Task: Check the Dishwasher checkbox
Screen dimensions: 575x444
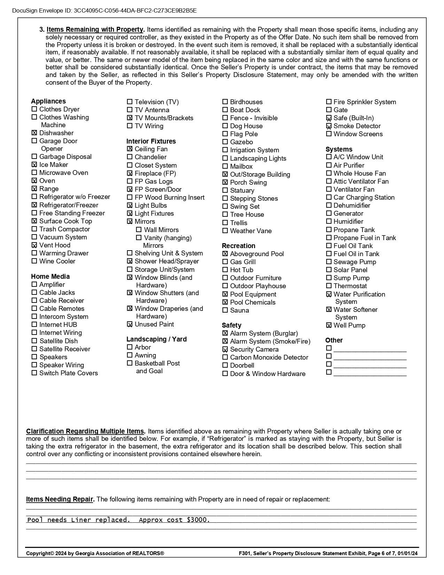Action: point(34,133)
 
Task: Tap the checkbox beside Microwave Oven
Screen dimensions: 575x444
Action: point(34,172)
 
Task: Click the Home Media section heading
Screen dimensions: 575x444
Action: point(50,276)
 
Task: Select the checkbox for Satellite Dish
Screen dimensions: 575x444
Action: point(34,341)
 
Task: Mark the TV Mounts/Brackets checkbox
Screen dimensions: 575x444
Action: point(130,118)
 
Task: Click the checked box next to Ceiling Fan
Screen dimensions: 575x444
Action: point(130,149)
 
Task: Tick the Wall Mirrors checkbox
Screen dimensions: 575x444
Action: point(139,230)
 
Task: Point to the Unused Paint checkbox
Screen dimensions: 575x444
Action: point(130,324)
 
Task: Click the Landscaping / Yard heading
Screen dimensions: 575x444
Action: point(156,339)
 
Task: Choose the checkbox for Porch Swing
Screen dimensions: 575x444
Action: point(225,182)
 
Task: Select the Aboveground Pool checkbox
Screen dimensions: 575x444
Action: point(225,254)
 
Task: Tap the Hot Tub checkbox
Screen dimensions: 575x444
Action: point(225,270)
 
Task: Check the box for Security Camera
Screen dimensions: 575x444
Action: point(225,349)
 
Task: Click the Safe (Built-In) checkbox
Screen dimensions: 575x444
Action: point(329,118)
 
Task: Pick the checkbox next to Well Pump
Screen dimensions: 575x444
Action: point(329,325)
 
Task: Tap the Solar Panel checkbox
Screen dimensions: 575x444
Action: point(329,270)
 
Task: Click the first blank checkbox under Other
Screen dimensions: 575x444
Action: point(329,348)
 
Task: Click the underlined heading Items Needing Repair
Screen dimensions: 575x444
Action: point(60,499)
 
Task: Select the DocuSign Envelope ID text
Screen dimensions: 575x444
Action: point(104,10)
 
